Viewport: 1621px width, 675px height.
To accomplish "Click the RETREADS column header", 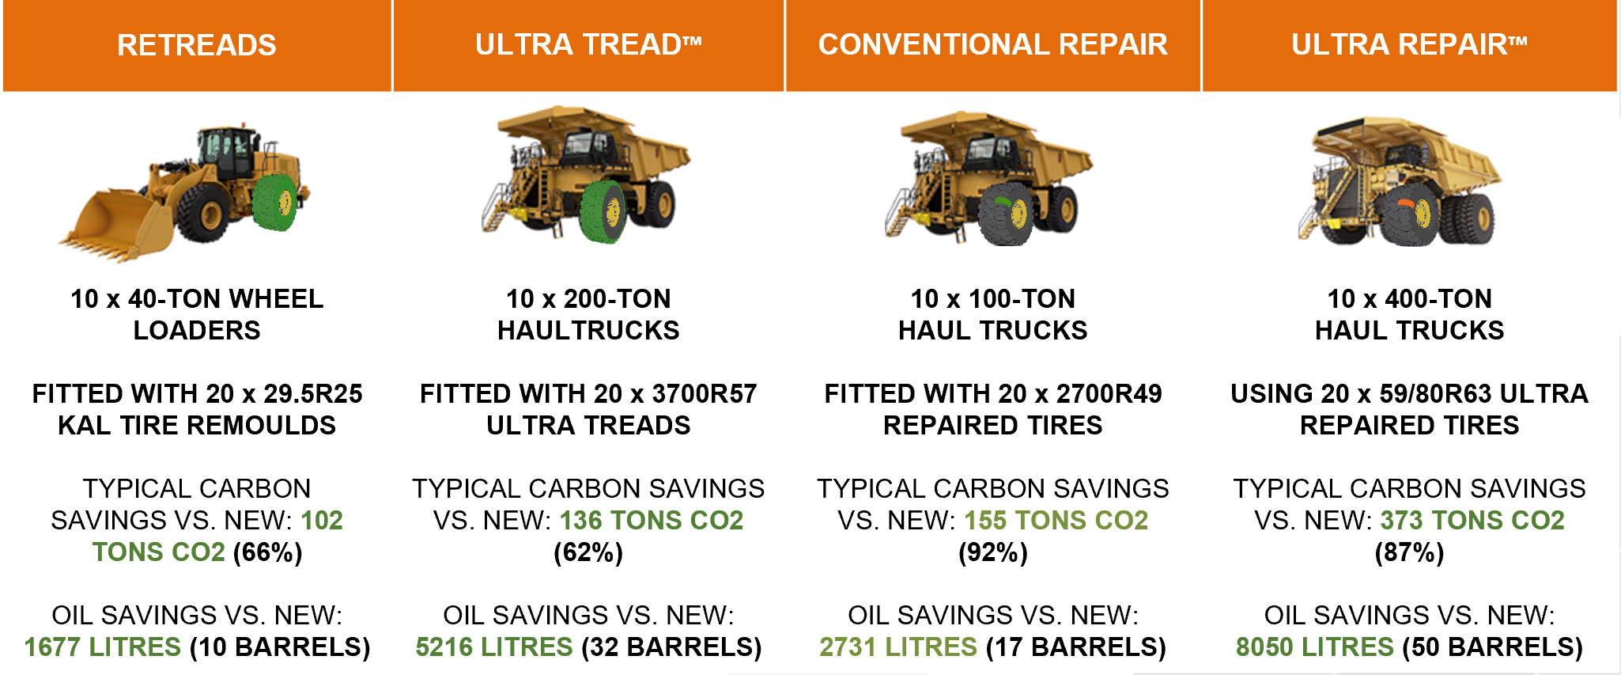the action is (x=197, y=45).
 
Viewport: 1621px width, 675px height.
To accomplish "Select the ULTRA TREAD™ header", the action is (x=588, y=45).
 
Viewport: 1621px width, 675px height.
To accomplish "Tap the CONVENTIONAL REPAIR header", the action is (x=992, y=45).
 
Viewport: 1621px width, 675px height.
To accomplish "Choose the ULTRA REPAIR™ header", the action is (x=1409, y=45).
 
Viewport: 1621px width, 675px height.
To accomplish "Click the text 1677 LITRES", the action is (x=103, y=647).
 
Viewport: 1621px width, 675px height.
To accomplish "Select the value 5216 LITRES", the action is (x=494, y=647).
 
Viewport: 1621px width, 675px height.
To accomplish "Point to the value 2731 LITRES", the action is (x=898, y=647).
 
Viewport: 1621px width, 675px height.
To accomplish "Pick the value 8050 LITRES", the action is (x=1315, y=647).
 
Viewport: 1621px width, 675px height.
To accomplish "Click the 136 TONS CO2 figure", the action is (x=652, y=520).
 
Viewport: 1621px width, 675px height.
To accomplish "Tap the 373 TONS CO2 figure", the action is (x=1472, y=520).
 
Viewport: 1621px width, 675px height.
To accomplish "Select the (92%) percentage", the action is (x=993, y=552).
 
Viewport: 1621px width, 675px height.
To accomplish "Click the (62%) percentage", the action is (x=588, y=552).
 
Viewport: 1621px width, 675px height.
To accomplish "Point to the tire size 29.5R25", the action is (x=313, y=393).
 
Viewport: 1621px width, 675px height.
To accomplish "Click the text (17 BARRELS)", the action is (x=1076, y=647).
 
